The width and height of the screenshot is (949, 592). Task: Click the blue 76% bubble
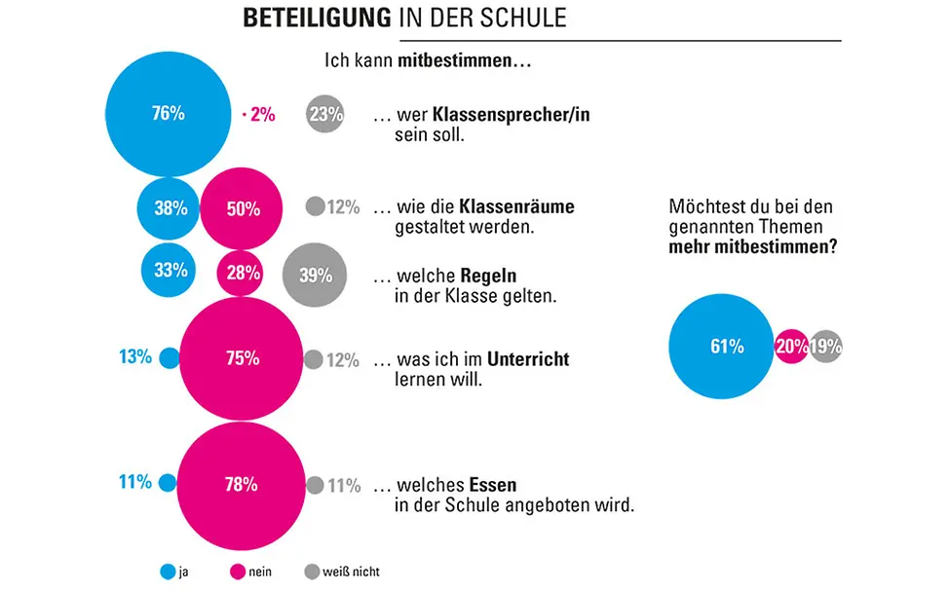pyautogui.click(x=168, y=114)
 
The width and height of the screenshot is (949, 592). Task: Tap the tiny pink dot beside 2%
pyautogui.click(x=243, y=115)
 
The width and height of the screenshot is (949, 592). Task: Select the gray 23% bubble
pyautogui.click(x=324, y=114)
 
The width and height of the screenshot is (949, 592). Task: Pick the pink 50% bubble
pyautogui.click(x=242, y=207)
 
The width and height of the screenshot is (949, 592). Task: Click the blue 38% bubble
pyautogui.click(x=170, y=207)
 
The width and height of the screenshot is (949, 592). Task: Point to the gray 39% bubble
pyautogui.click(x=315, y=275)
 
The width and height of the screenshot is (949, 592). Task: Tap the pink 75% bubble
pyautogui.click(x=241, y=358)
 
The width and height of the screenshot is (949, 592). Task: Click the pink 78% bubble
pyautogui.click(x=241, y=484)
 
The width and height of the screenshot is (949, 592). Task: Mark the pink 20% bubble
pyautogui.click(x=791, y=347)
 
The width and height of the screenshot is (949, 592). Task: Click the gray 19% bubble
pyautogui.click(x=825, y=347)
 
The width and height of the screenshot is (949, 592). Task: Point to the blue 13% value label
pyautogui.click(x=135, y=357)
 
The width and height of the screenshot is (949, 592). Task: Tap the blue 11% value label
pyautogui.click(x=135, y=482)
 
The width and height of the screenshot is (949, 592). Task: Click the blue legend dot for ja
pyautogui.click(x=167, y=572)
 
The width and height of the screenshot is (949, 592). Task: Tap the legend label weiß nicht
pyautogui.click(x=352, y=572)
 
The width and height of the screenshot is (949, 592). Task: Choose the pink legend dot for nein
pyautogui.click(x=236, y=572)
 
